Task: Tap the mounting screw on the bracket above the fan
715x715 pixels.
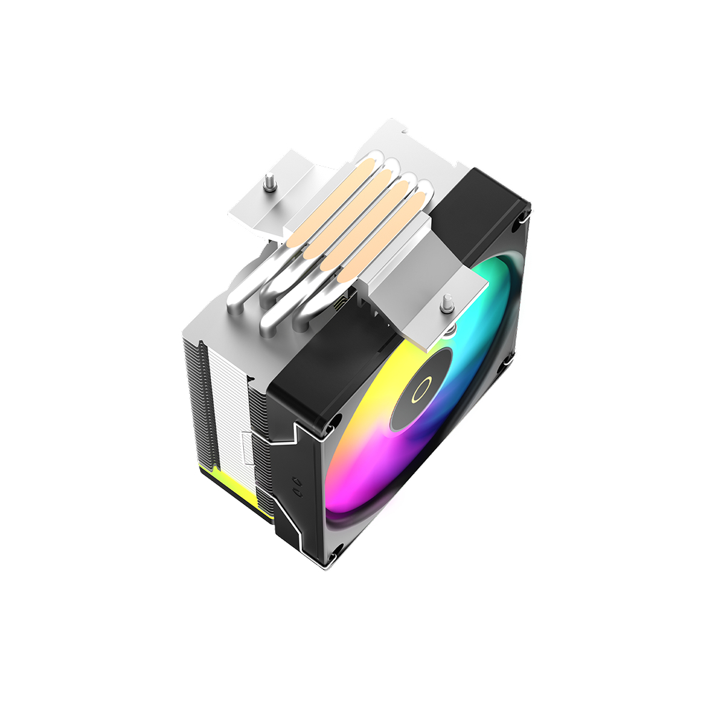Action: click(x=447, y=302)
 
